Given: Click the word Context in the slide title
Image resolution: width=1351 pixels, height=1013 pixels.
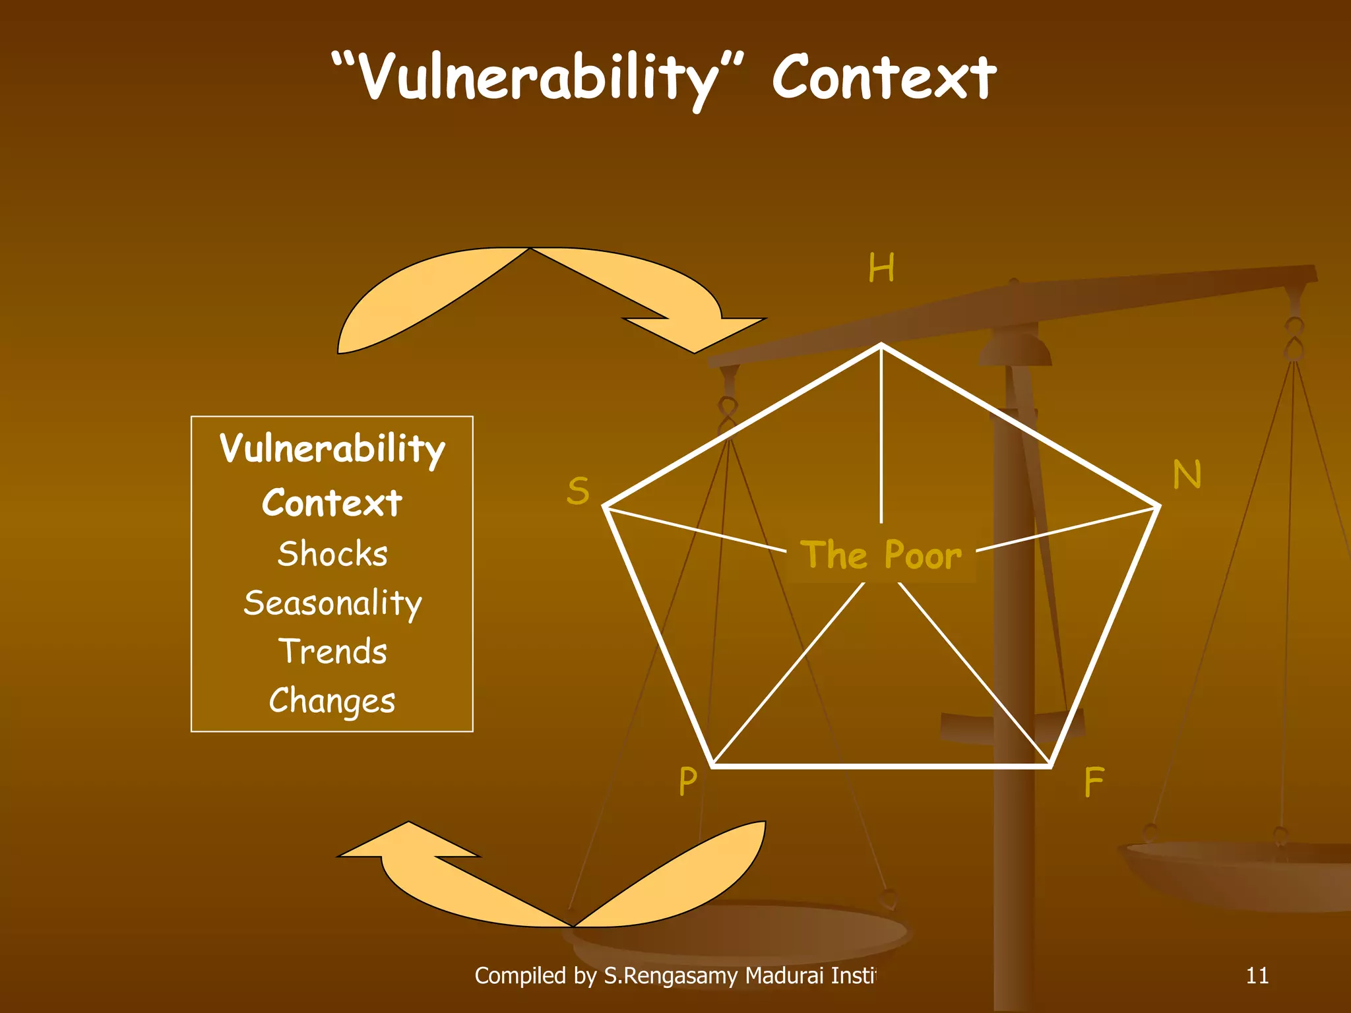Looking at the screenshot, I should [884, 78].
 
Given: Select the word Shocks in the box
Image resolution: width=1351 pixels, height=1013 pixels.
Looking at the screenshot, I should [332, 553].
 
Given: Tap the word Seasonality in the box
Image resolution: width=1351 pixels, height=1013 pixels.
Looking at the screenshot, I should [332, 603].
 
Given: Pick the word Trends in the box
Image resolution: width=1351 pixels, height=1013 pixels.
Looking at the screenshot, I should [332, 652].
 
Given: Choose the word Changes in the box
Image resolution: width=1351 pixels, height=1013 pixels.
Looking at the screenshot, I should [332, 700].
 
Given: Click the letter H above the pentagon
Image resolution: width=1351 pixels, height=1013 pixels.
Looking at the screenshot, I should [881, 268].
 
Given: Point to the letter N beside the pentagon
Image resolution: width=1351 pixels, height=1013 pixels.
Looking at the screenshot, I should [1187, 474].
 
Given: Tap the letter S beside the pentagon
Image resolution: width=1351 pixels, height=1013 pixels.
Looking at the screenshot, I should [578, 491].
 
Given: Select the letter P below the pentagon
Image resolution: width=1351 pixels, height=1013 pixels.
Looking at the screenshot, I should [687, 782].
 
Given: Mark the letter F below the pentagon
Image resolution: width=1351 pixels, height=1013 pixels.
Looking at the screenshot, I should [1094, 782].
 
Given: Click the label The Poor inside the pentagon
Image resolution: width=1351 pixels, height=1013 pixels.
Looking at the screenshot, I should [881, 555].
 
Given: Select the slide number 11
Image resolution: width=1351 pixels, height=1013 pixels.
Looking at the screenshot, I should [1257, 975].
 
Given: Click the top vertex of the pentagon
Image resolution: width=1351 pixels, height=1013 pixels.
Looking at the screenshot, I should [881, 345].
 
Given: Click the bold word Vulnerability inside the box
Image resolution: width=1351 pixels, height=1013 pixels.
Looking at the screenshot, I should [332, 449].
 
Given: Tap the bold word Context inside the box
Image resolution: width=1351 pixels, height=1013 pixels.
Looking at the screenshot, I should [332, 503].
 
